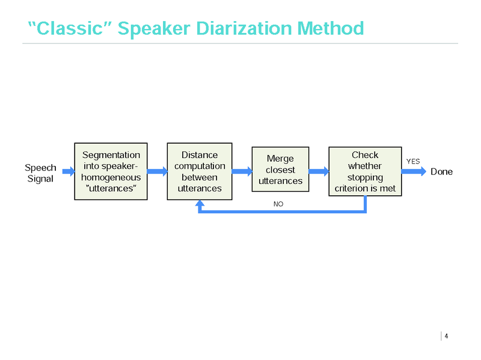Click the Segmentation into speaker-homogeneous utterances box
tap(111, 171)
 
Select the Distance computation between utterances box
tap(200, 171)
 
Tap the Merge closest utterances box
tap(280, 169)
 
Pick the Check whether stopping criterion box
tap(365, 171)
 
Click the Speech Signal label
tap(40, 173)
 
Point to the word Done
tap(441, 172)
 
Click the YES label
tap(413, 161)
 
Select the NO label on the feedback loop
tap(278, 204)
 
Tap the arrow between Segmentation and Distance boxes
tap(157, 171)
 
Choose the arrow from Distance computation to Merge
tap(242, 171)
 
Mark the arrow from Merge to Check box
tap(319, 171)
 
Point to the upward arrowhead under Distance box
tap(200, 205)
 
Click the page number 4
tap(446, 336)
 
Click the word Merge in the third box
tap(280, 158)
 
